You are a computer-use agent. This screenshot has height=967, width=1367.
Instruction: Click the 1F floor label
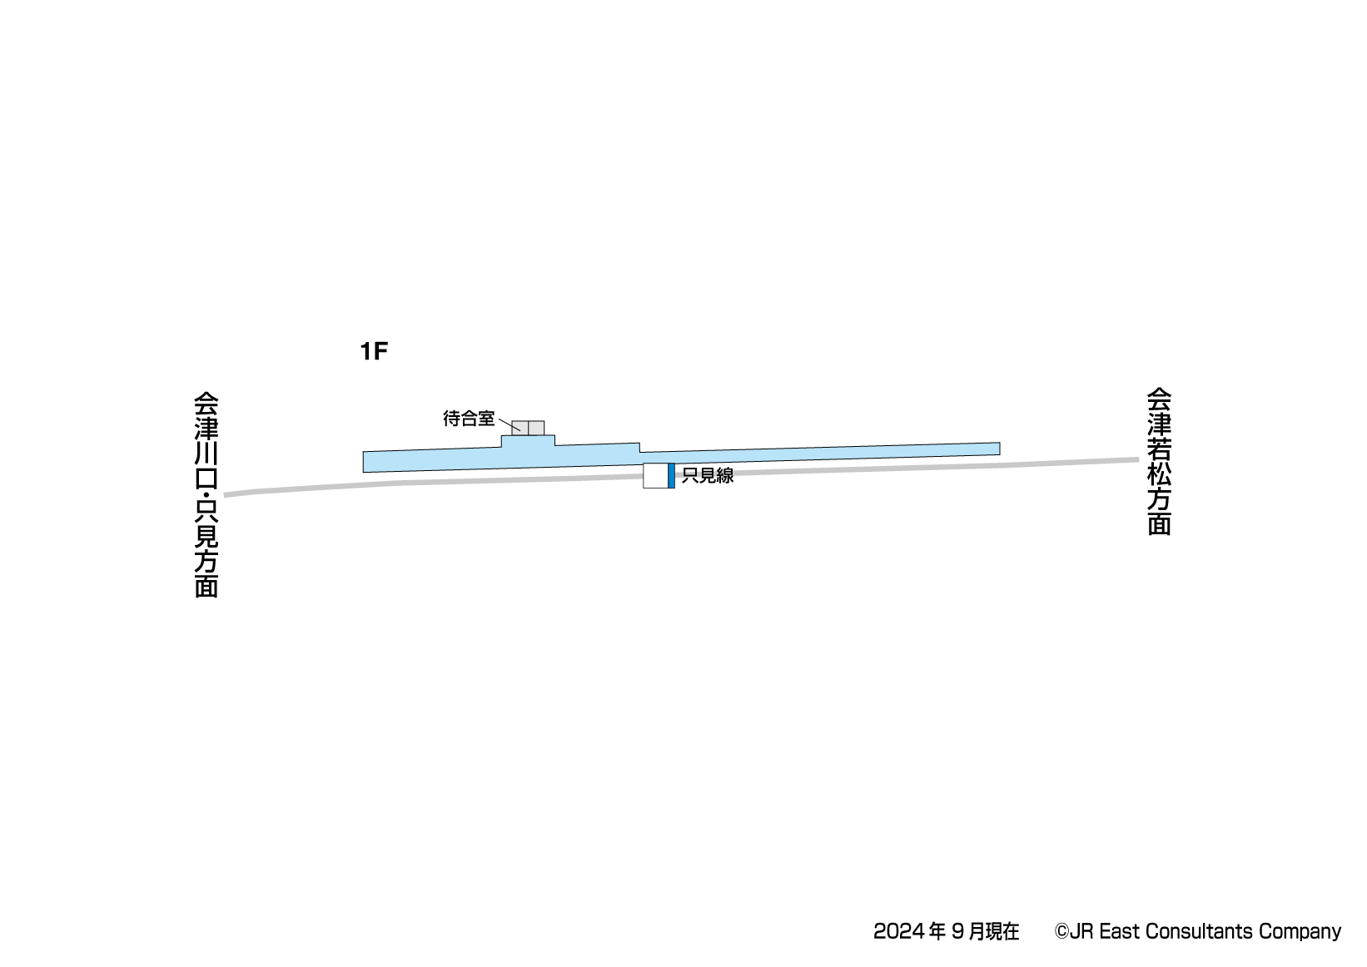pos(374,351)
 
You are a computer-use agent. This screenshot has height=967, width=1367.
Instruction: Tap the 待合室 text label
pos(469,419)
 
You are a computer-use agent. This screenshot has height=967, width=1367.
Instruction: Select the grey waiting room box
pos(528,428)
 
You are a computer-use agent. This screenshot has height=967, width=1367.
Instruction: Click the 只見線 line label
pos(708,476)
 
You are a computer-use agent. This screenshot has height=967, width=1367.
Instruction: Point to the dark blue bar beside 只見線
pos(671,476)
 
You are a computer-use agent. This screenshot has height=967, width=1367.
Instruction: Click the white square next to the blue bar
pos(655,476)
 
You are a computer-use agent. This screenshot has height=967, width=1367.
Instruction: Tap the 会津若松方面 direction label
pos(1159,462)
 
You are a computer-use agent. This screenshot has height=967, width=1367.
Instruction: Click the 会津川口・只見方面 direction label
pos(206,495)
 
